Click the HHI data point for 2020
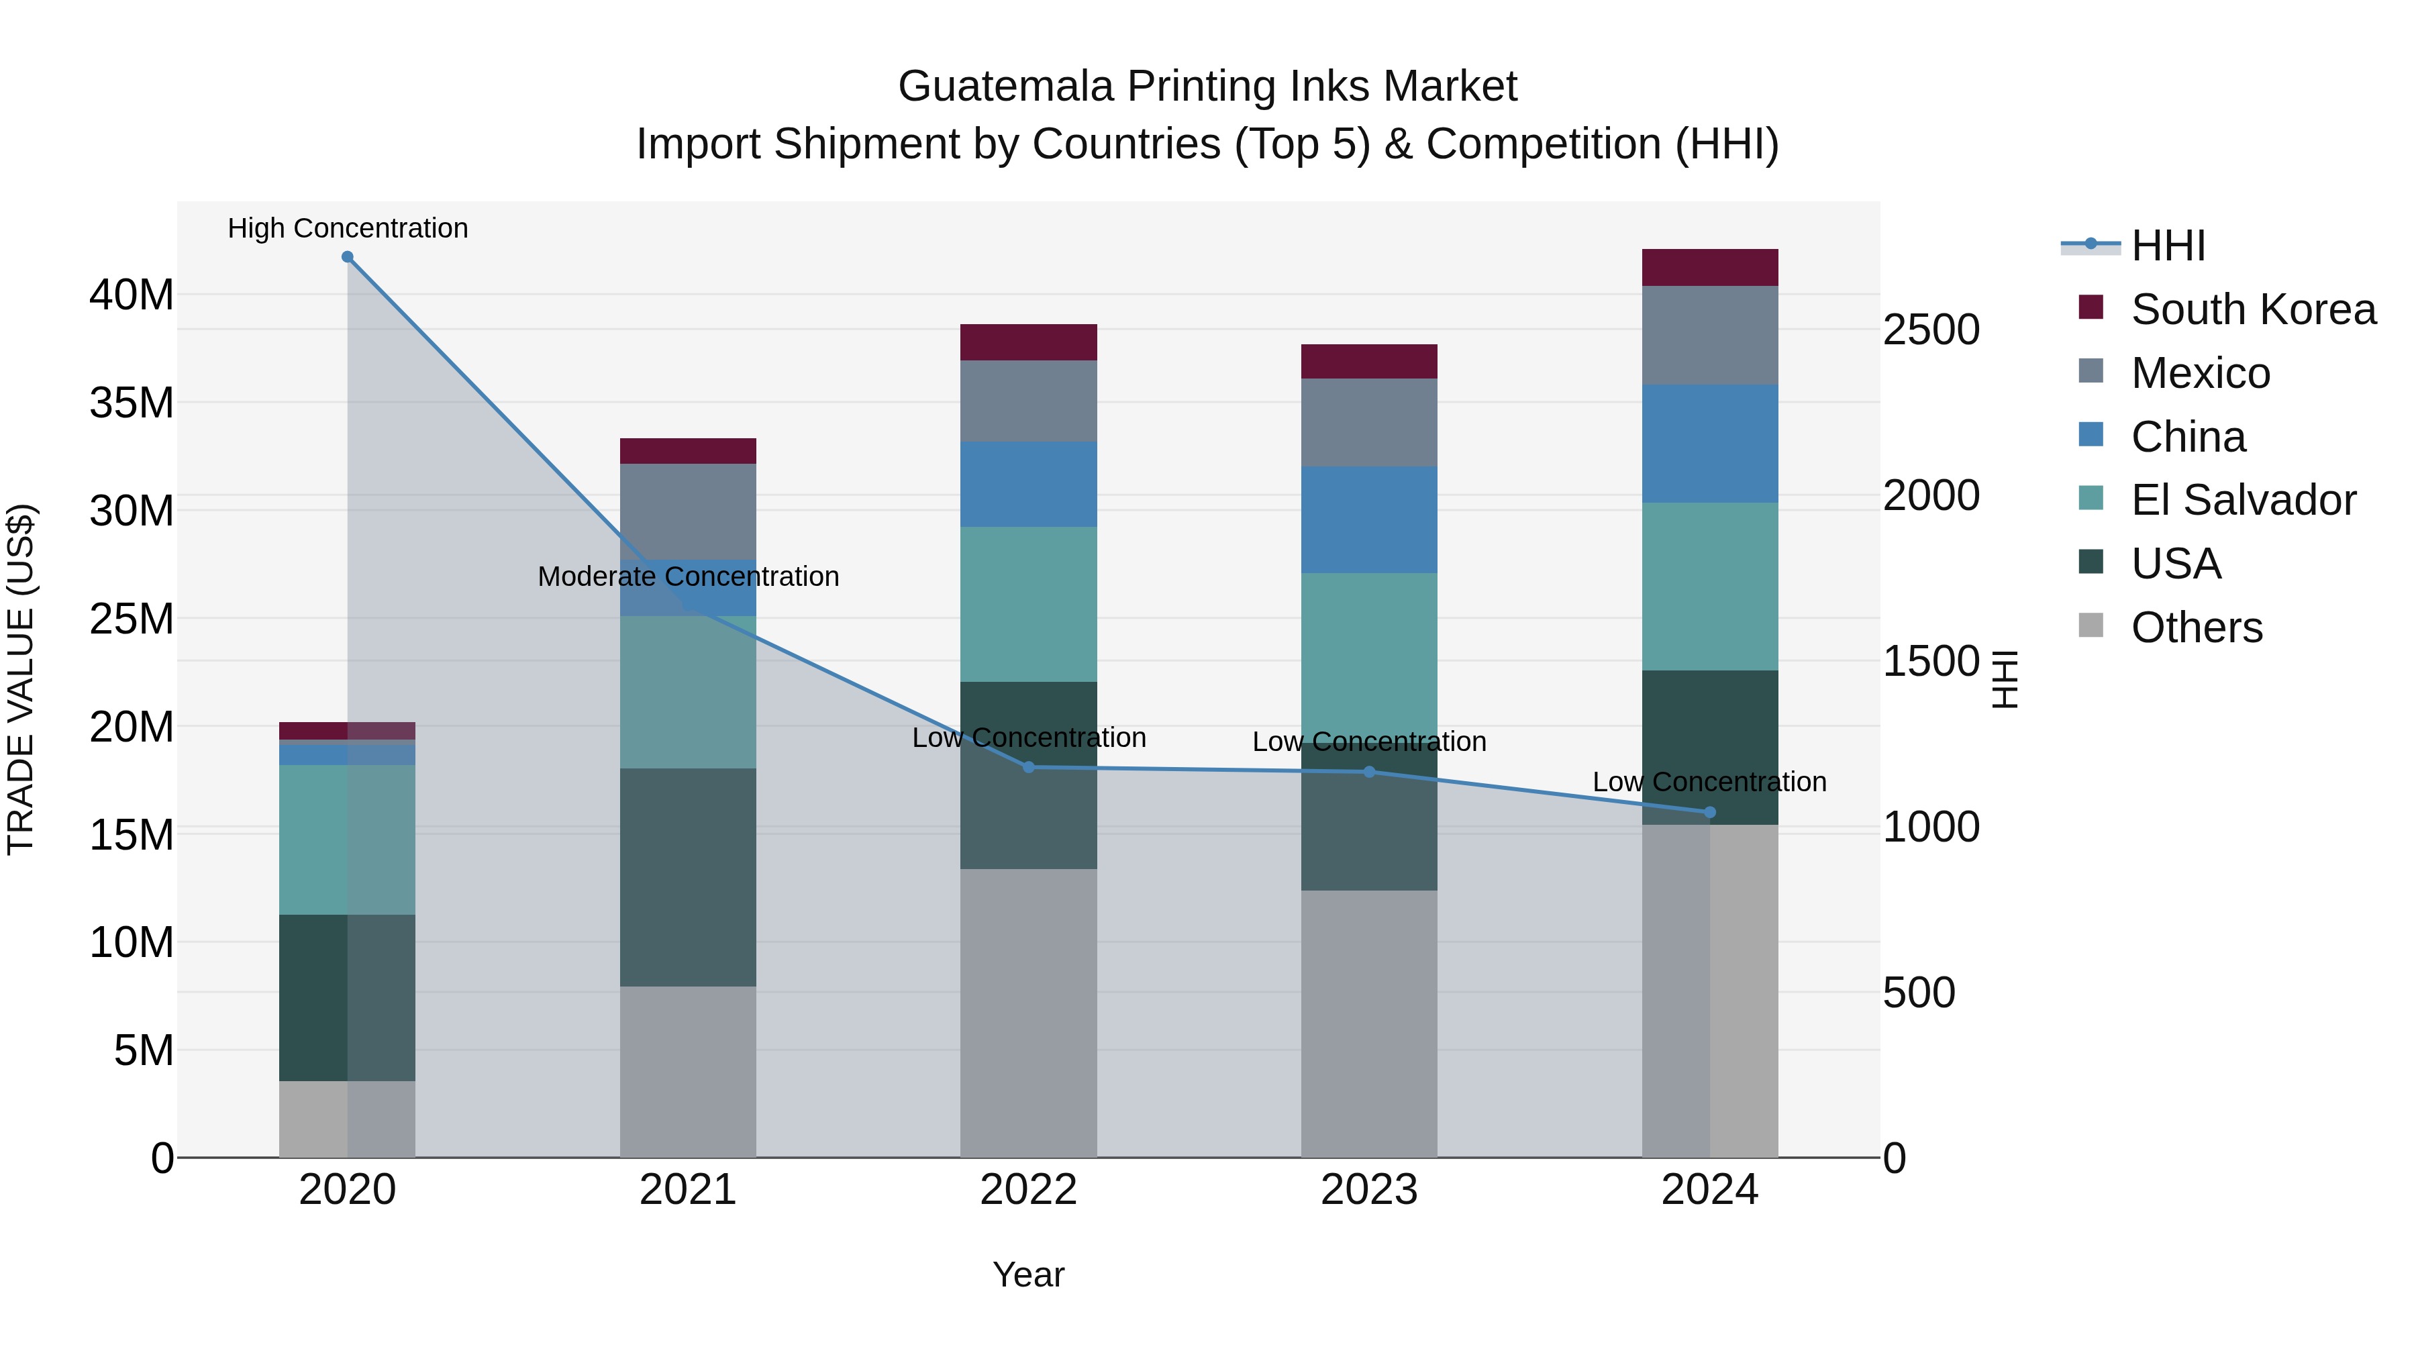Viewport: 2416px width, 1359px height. pyautogui.click(x=347, y=257)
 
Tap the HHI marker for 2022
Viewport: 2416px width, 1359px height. pyautogui.click(x=1028, y=767)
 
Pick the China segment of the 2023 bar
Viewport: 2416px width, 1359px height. pyautogui.click(x=1368, y=519)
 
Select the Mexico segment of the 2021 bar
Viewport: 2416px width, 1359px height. pyautogui.click(x=687, y=511)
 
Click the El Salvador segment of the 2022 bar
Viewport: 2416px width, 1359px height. pyautogui.click(x=1028, y=604)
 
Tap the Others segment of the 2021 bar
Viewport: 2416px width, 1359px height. pyautogui.click(x=687, y=1071)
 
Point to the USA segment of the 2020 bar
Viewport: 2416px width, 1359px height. pyautogui.click(x=347, y=997)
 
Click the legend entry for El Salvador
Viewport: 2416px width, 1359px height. pyautogui.click(x=2242, y=500)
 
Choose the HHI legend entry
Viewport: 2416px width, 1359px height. pyautogui.click(x=2168, y=246)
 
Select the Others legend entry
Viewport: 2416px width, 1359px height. pyautogui.click(x=2196, y=627)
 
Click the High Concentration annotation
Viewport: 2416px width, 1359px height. pyautogui.click(x=347, y=228)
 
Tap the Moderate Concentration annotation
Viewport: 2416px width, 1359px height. pyautogui.click(x=687, y=576)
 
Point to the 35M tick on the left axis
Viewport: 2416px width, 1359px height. pyautogui.click(x=132, y=403)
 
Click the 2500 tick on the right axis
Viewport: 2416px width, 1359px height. pyautogui.click(x=1931, y=330)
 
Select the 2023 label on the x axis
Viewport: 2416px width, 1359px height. pyautogui.click(x=1368, y=1190)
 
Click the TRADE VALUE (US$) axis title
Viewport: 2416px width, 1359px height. pyautogui.click(x=21, y=679)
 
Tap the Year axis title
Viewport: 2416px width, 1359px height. pyautogui.click(x=1028, y=1274)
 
